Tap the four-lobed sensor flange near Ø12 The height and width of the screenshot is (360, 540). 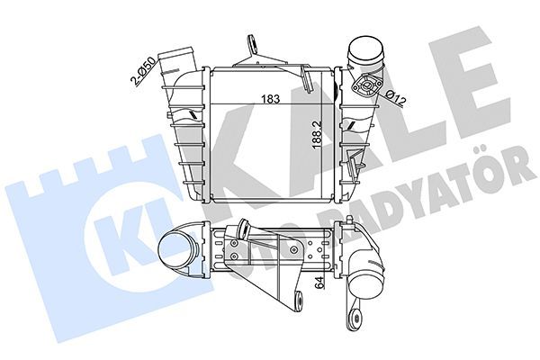coord(367,87)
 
